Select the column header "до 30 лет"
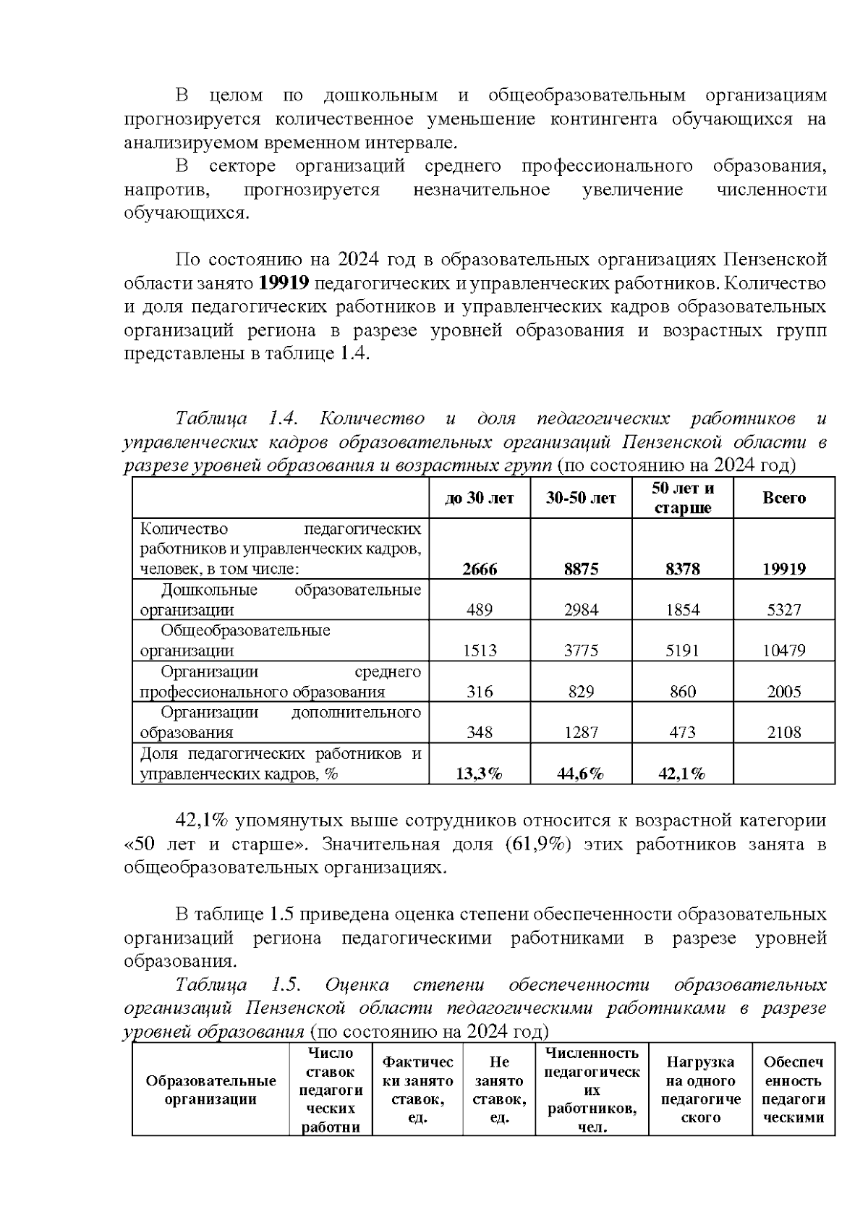(480, 498)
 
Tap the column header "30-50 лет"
(581, 498)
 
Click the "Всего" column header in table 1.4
(783, 498)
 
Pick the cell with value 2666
(480, 569)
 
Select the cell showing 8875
(581, 569)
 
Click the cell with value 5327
(783, 609)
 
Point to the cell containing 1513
(480, 651)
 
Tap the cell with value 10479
(783, 651)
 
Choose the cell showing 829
(581, 692)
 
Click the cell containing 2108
(783, 732)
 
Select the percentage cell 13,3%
(480, 774)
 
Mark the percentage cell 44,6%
(581, 774)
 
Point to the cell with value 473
(682, 732)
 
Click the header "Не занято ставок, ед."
(499, 1090)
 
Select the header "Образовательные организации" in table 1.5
(210, 1090)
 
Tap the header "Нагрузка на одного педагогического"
(700, 1090)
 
